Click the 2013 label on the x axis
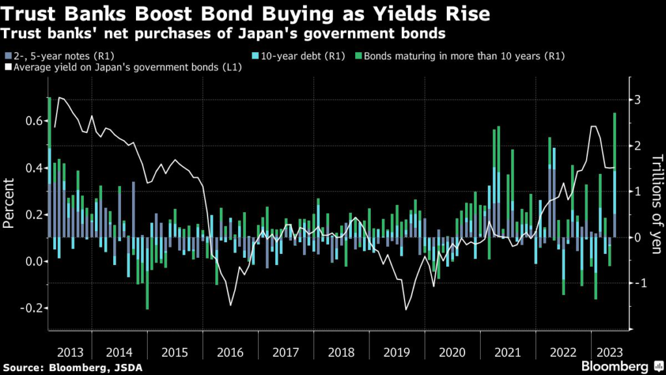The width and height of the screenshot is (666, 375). click(69, 352)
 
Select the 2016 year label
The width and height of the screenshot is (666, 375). click(230, 352)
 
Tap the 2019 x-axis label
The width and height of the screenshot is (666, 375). click(397, 352)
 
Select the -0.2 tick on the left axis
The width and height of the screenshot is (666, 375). click(31, 307)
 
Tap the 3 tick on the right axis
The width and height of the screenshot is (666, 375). click(638, 100)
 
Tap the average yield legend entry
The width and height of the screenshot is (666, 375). click(124, 68)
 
